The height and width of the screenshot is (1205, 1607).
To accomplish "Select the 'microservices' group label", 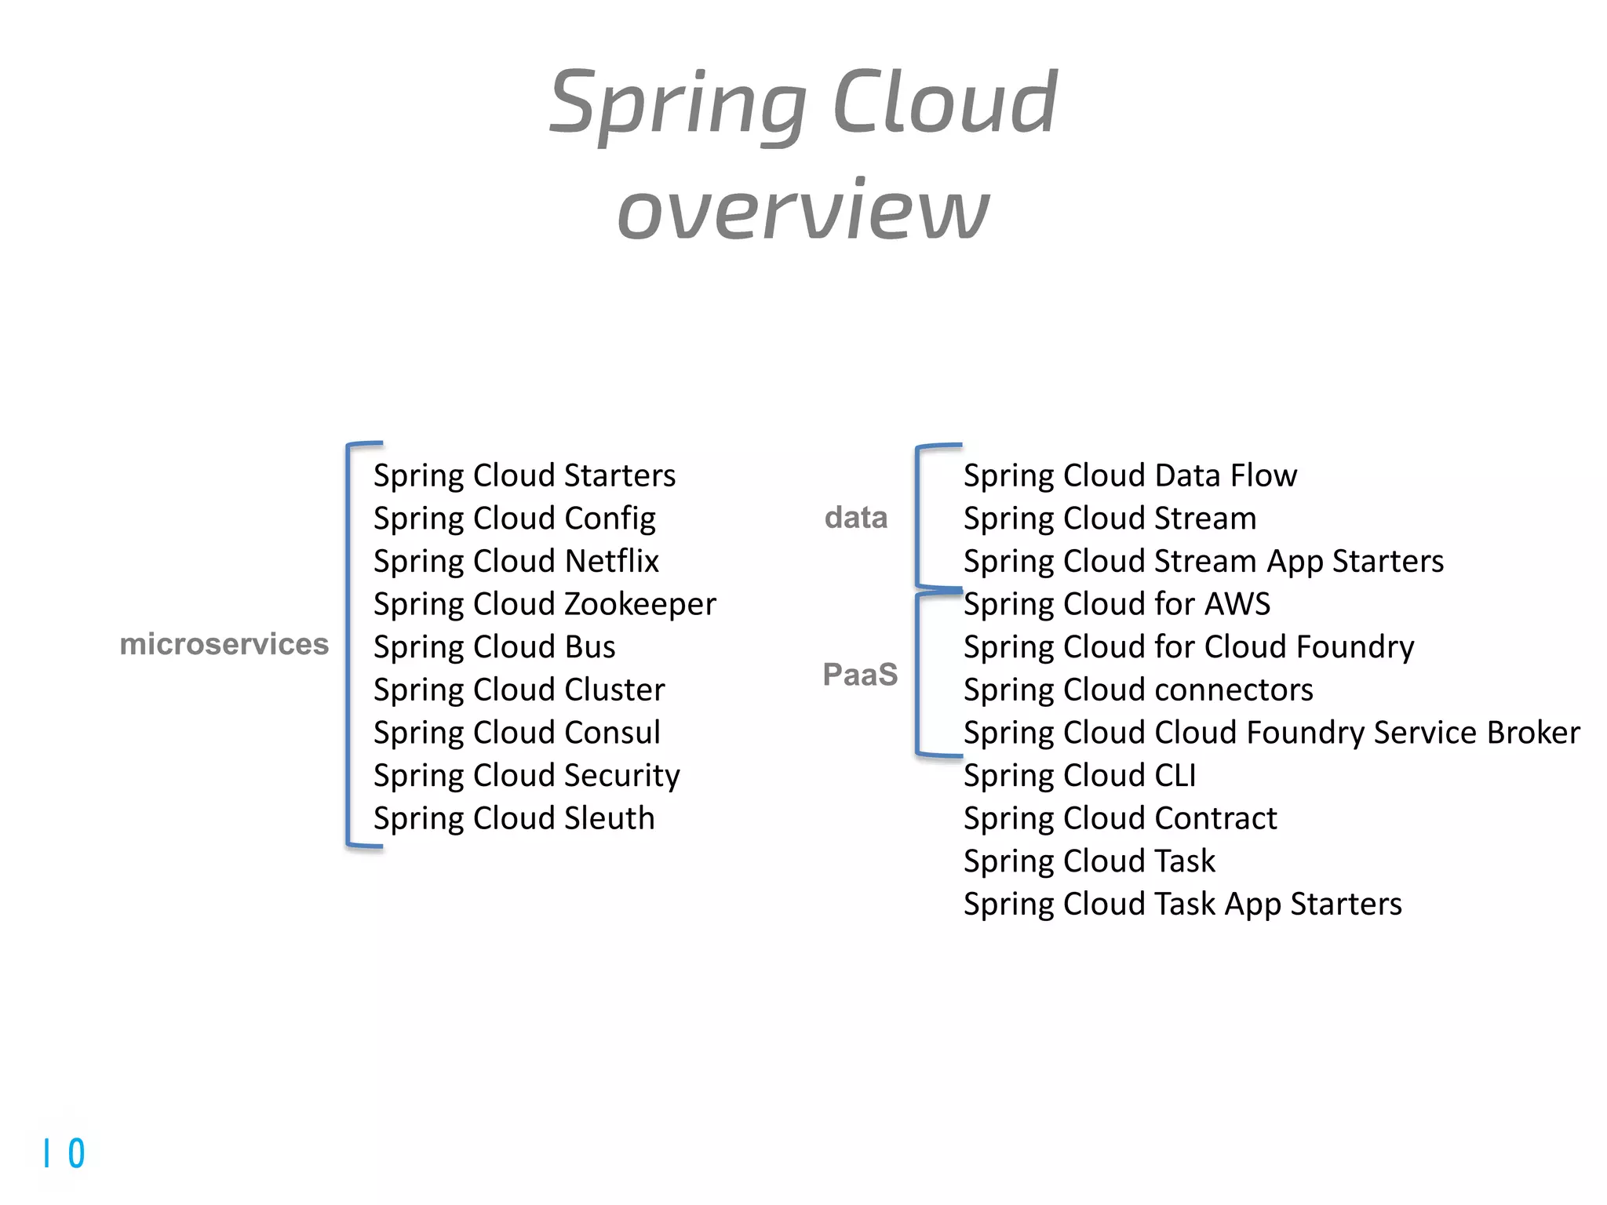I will [224, 644].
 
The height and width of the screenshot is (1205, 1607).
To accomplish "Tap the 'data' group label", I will [855, 518].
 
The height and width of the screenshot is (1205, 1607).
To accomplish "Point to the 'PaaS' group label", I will [860, 675].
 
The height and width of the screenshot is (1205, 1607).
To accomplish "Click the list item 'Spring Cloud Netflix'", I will [516, 561].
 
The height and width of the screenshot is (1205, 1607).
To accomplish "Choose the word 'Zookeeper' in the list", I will [640, 605].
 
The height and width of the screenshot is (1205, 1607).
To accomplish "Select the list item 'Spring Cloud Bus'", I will [494, 647].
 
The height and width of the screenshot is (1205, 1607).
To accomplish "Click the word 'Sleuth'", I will [609, 818].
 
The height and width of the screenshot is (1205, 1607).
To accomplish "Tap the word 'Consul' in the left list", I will [612, 733].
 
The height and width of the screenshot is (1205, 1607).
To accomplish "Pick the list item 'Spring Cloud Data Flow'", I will [1130, 475].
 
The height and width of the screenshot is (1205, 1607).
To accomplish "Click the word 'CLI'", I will [1175, 776].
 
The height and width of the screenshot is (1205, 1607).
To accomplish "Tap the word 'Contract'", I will [1215, 818].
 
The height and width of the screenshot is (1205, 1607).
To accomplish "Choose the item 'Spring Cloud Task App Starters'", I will [1182, 905].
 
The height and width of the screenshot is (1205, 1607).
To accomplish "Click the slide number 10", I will [64, 1154].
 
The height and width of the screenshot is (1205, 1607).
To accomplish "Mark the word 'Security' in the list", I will [621, 776].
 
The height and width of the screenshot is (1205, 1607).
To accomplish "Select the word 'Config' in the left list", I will [610, 519].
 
